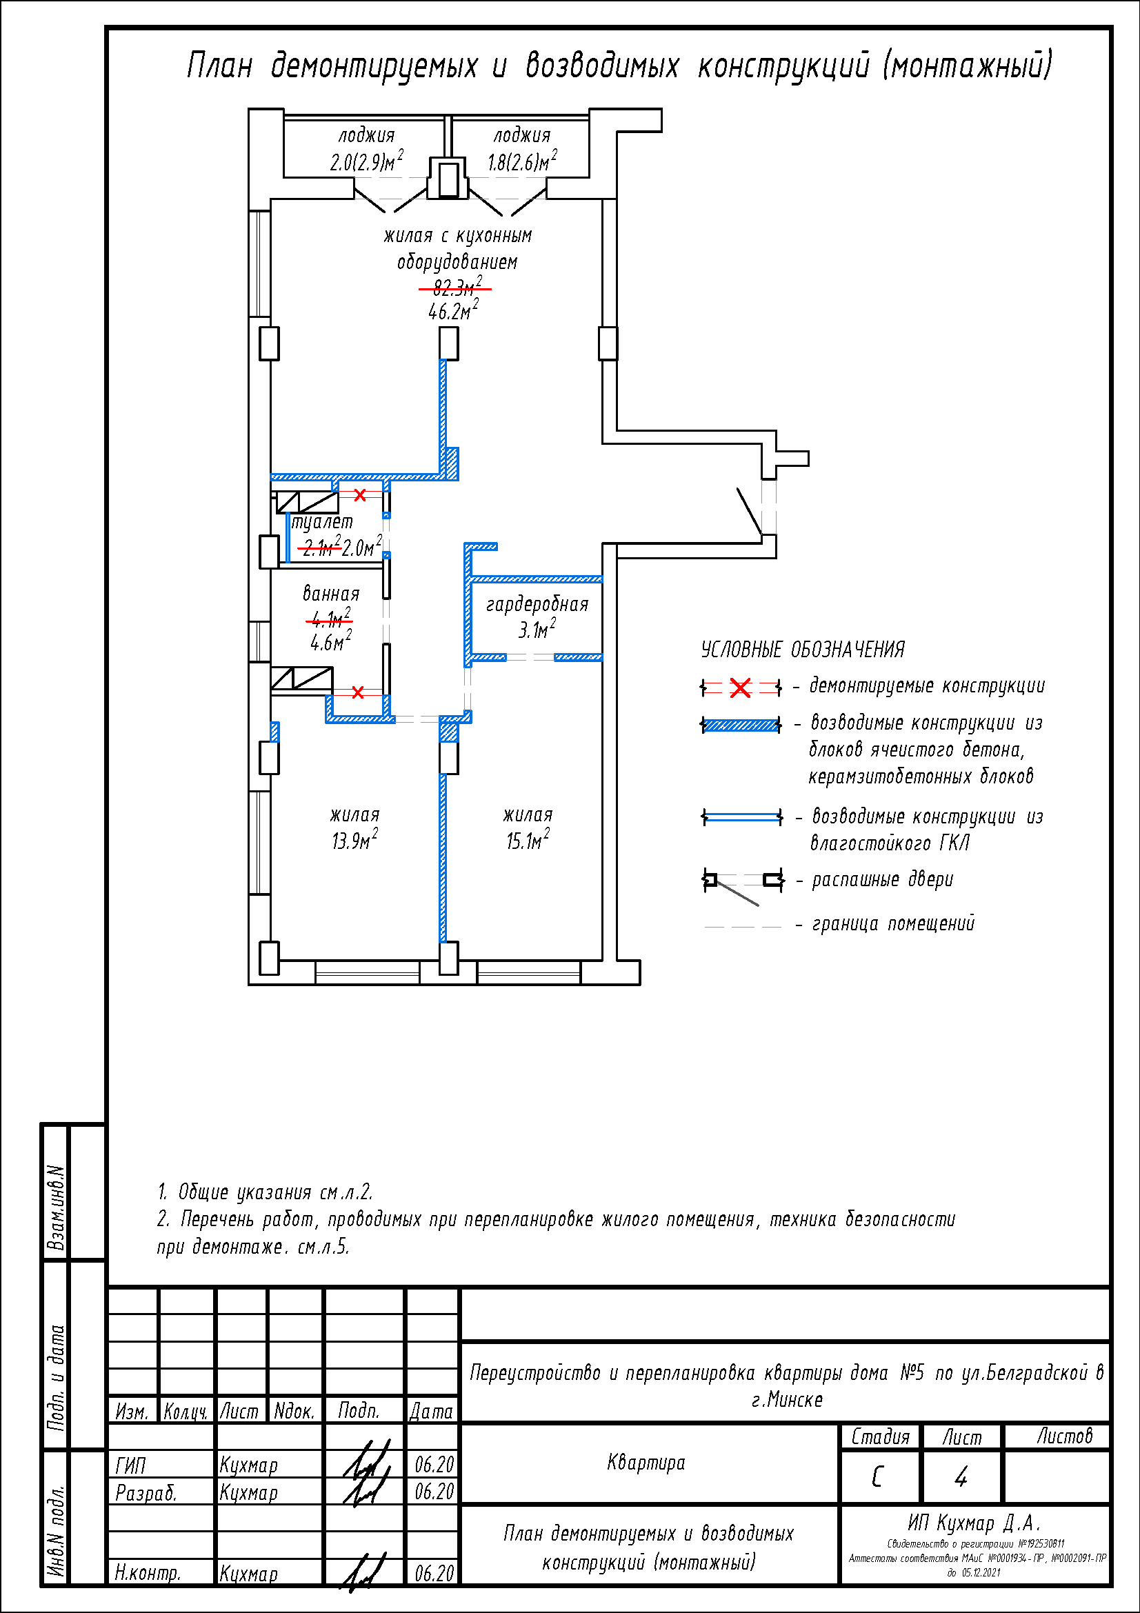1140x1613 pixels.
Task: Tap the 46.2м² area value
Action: (x=453, y=310)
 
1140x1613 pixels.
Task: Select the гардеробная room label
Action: (x=537, y=604)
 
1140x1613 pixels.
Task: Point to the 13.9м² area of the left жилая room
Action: (x=354, y=840)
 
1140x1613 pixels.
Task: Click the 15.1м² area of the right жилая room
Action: (x=528, y=840)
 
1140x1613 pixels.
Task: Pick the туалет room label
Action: (x=322, y=522)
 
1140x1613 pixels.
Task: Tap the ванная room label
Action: (x=331, y=594)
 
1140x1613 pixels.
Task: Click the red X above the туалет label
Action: (x=359, y=495)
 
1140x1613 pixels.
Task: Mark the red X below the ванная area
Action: (x=357, y=692)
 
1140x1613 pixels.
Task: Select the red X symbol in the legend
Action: (x=740, y=688)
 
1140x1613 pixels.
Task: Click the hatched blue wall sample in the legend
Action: (x=741, y=725)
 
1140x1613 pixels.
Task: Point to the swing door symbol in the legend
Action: (x=742, y=883)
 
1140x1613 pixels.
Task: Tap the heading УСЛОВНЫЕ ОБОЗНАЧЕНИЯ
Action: (x=802, y=650)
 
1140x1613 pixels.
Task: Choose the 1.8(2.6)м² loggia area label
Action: (x=522, y=162)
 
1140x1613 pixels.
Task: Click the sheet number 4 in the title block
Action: (x=961, y=1477)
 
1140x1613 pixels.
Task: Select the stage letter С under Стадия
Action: (x=877, y=1477)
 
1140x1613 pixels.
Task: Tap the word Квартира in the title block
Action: (x=646, y=1463)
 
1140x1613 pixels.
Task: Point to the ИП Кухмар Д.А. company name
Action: (x=974, y=1523)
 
